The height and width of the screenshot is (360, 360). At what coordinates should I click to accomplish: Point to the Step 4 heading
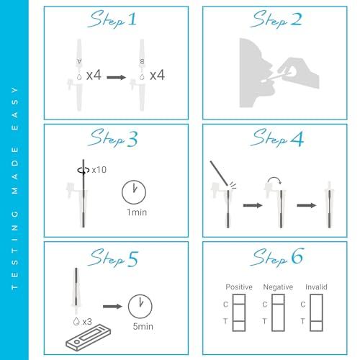pos(268,138)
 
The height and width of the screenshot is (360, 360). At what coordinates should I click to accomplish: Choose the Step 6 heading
pos(268,257)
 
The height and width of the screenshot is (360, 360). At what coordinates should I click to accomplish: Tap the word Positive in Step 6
pos(239,287)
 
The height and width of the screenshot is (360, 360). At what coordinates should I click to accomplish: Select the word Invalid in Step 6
pos(315,287)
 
